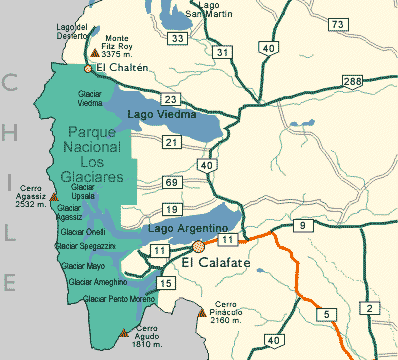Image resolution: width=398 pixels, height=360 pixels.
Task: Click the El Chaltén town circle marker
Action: (88, 69)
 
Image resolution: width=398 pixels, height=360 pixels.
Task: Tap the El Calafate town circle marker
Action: (199, 244)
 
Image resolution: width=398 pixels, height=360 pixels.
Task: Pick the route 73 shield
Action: (338, 24)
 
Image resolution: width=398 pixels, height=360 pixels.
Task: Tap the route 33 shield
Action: (178, 38)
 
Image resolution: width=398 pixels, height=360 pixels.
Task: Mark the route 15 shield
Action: (167, 285)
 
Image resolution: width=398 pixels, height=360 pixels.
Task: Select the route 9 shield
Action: (303, 227)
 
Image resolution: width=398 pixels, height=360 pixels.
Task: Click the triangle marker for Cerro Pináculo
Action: (204, 308)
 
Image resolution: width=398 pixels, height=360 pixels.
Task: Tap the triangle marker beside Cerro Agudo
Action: (123, 332)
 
